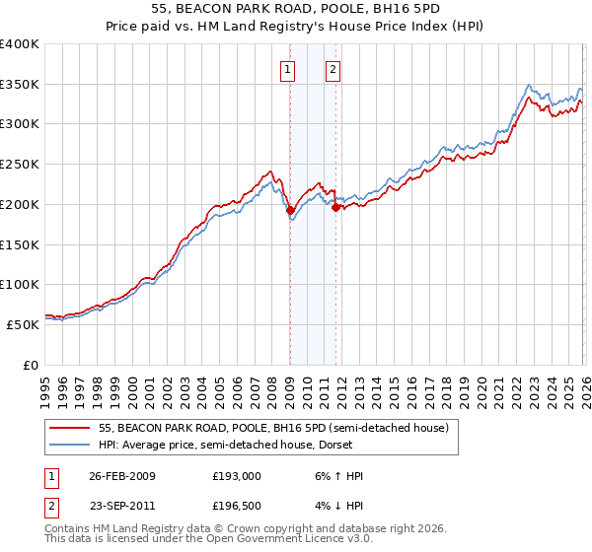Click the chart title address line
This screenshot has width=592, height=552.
pos(296,11)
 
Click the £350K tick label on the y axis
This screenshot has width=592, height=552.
pos(20,85)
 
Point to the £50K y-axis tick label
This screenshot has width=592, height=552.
pos(23,324)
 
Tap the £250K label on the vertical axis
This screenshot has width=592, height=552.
pos(20,165)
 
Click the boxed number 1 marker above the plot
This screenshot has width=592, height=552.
pos(288,69)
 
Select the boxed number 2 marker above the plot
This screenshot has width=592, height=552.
pos(333,69)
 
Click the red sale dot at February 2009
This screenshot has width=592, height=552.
pos(290,210)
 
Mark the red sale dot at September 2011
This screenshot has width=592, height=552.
pos(335,207)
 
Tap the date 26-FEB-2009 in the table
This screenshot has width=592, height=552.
pos(122,475)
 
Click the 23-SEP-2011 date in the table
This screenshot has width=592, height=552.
pos(122,507)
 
